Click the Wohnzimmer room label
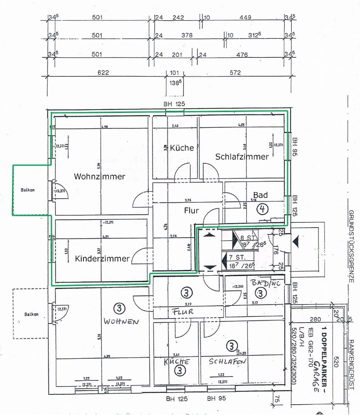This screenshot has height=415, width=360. tap(99, 176)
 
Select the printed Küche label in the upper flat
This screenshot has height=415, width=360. tap(182, 148)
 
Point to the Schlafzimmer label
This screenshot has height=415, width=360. tap(242, 156)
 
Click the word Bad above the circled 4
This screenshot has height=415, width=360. tap(260, 195)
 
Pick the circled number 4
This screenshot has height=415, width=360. tap(263, 208)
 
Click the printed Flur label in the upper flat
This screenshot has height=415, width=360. tap(191, 211)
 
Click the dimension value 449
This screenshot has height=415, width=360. tap(245, 18)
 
